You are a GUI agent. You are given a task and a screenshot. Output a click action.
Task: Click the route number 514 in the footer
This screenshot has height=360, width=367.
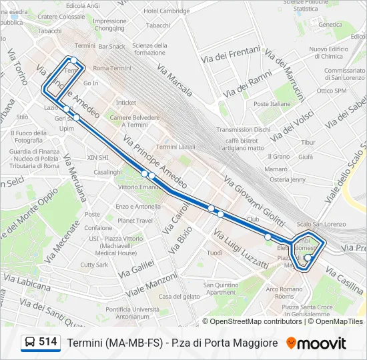47,342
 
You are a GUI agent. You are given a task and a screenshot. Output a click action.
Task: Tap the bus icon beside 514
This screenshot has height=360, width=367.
30,343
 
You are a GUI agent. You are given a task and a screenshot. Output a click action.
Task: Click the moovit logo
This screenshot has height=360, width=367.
316,343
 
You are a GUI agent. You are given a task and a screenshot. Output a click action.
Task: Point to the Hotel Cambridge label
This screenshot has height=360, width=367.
166,11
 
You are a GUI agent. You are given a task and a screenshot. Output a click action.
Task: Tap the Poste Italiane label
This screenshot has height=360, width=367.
272,104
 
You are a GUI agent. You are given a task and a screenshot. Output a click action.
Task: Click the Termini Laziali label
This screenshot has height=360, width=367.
175,147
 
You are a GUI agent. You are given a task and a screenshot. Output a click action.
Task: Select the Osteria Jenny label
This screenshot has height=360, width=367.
288,179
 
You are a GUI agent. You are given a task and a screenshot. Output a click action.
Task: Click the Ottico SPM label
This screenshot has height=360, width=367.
332,91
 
